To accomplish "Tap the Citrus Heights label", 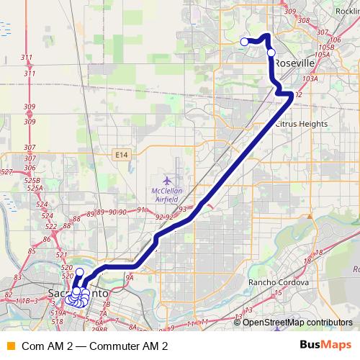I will (x=301, y=124).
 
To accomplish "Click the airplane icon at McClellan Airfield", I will (x=167, y=178).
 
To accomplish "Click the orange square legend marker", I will (x=9, y=346).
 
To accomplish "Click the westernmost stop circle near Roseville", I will (x=244, y=42).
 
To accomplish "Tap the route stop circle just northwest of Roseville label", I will (x=271, y=52).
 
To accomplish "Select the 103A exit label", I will (x=310, y=79).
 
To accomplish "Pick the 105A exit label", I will (x=322, y=55).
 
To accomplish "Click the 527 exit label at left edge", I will (x=6, y=171).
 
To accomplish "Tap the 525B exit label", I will (x=31, y=181).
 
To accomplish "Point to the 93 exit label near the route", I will (x=183, y=209).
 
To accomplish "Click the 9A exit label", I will (x=130, y=276).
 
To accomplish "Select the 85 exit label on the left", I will (x=32, y=251).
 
